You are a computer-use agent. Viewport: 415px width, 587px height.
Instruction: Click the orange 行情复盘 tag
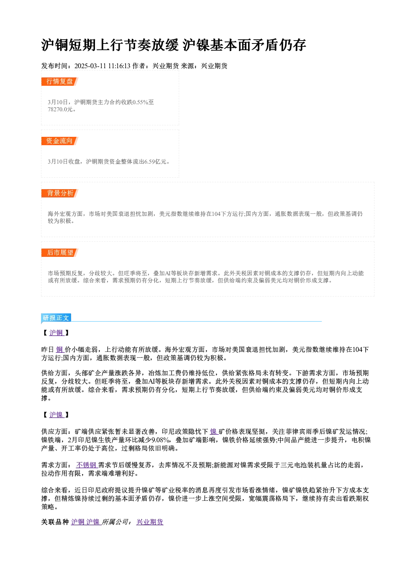click(60, 82)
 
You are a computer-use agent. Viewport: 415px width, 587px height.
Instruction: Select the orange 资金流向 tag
click(60, 141)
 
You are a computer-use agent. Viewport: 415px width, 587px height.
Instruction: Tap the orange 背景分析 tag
click(60, 193)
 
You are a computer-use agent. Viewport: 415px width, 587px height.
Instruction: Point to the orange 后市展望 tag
click(60, 253)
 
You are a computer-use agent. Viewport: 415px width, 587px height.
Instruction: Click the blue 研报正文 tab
click(56, 318)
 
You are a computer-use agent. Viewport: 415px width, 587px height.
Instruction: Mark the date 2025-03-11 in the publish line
click(90, 66)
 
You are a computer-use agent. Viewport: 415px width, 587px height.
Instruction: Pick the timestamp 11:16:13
click(119, 66)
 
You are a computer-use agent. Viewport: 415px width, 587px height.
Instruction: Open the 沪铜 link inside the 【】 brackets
click(56, 333)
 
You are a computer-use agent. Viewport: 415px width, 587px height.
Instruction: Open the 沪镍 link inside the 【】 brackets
click(56, 415)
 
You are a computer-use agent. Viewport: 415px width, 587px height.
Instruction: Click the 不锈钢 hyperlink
click(87, 465)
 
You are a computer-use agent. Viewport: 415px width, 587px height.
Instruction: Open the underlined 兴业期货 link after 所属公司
click(150, 522)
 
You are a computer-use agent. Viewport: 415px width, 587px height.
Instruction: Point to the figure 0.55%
click(140, 102)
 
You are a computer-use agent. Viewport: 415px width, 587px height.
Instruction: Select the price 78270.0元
click(60, 110)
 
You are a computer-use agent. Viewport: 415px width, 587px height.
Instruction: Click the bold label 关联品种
click(55, 522)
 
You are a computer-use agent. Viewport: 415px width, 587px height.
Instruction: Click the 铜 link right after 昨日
click(60, 350)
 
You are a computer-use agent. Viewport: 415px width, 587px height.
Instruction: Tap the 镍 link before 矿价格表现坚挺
click(214, 432)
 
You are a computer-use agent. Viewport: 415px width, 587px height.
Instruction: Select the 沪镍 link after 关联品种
click(93, 522)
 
